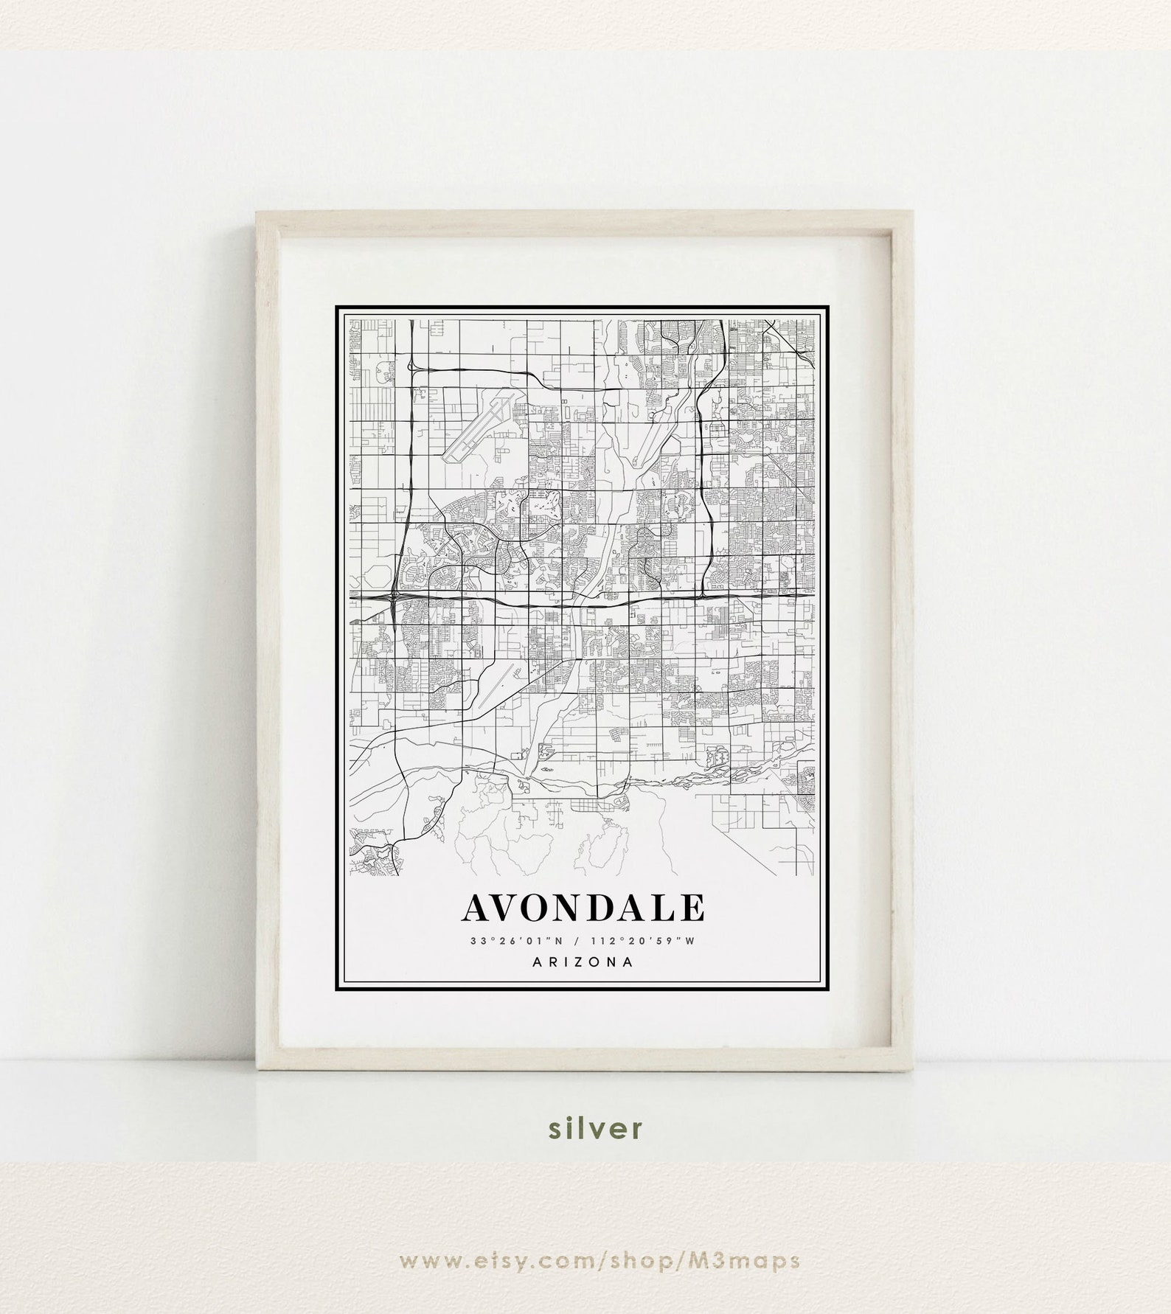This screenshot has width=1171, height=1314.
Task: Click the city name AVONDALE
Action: pyautogui.click(x=583, y=908)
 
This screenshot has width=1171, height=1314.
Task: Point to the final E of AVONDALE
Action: pyautogui.click(x=692, y=908)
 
